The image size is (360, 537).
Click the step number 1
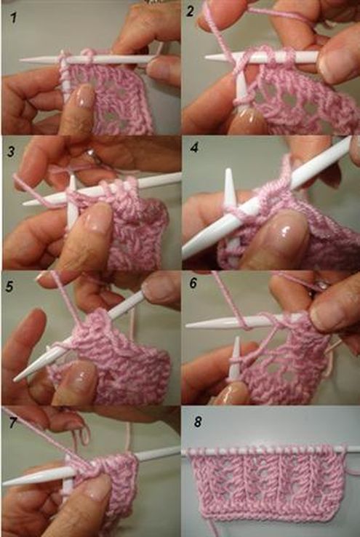13,17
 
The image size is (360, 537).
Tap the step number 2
191,12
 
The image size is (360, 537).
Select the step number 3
11,151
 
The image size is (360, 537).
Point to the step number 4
194,148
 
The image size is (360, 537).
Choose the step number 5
9,287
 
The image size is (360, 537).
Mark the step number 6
193,283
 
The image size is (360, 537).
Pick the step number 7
13,423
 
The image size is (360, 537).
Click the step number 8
197,422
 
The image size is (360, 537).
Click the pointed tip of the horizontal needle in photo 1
20,60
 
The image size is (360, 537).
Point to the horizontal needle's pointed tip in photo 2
206,57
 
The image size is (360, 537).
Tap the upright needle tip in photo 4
228,170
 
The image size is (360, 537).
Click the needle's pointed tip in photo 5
15,379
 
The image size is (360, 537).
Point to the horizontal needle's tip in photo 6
187,325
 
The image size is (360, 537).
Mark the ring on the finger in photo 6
322,285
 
